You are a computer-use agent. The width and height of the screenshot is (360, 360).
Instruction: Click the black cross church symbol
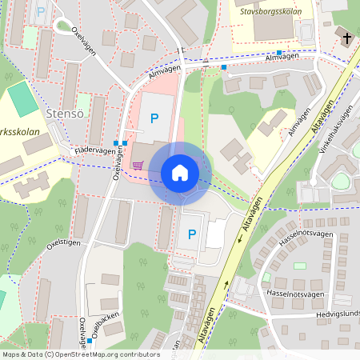click(348, 38)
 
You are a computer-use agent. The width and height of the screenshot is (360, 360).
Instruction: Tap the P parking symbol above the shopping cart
click(154, 119)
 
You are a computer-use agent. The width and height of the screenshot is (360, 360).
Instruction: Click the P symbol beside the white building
click(191, 234)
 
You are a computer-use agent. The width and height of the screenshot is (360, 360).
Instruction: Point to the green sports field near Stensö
click(22, 102)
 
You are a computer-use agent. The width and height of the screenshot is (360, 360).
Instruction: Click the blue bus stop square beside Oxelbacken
click(90, 341)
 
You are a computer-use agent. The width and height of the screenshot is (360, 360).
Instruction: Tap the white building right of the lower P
click(215, 234)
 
